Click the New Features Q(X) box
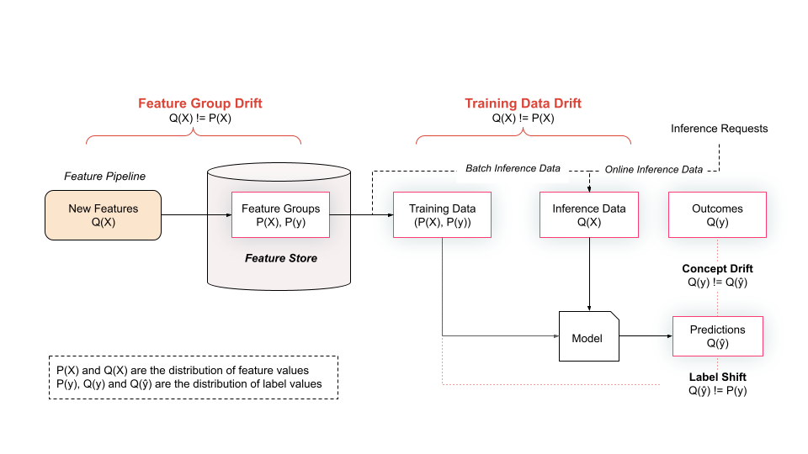(x=103, y=215)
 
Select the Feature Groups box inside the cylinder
(x=280, y=215)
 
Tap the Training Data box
(x=442, y=215)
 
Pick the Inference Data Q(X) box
(x=588, y=215)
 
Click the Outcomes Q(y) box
(x=717, y=215)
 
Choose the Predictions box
(x=717, y=336)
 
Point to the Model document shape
(x=588, y=337)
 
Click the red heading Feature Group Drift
(x=200, y=103)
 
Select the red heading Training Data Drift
(x=523, y=103)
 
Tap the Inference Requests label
(x=719, y=129)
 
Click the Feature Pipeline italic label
(x=105, y=177)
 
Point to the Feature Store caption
(x=281, y=258)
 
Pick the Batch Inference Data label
(x=513, y=168)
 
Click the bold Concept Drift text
(x=717, y=269)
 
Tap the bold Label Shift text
(x=717, y=377)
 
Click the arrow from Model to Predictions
(x=646, y=336)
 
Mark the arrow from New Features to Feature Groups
(x=196, y=215)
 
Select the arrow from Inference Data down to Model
(x=588, y=274)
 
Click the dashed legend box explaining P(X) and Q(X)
(x=194, y=377)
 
